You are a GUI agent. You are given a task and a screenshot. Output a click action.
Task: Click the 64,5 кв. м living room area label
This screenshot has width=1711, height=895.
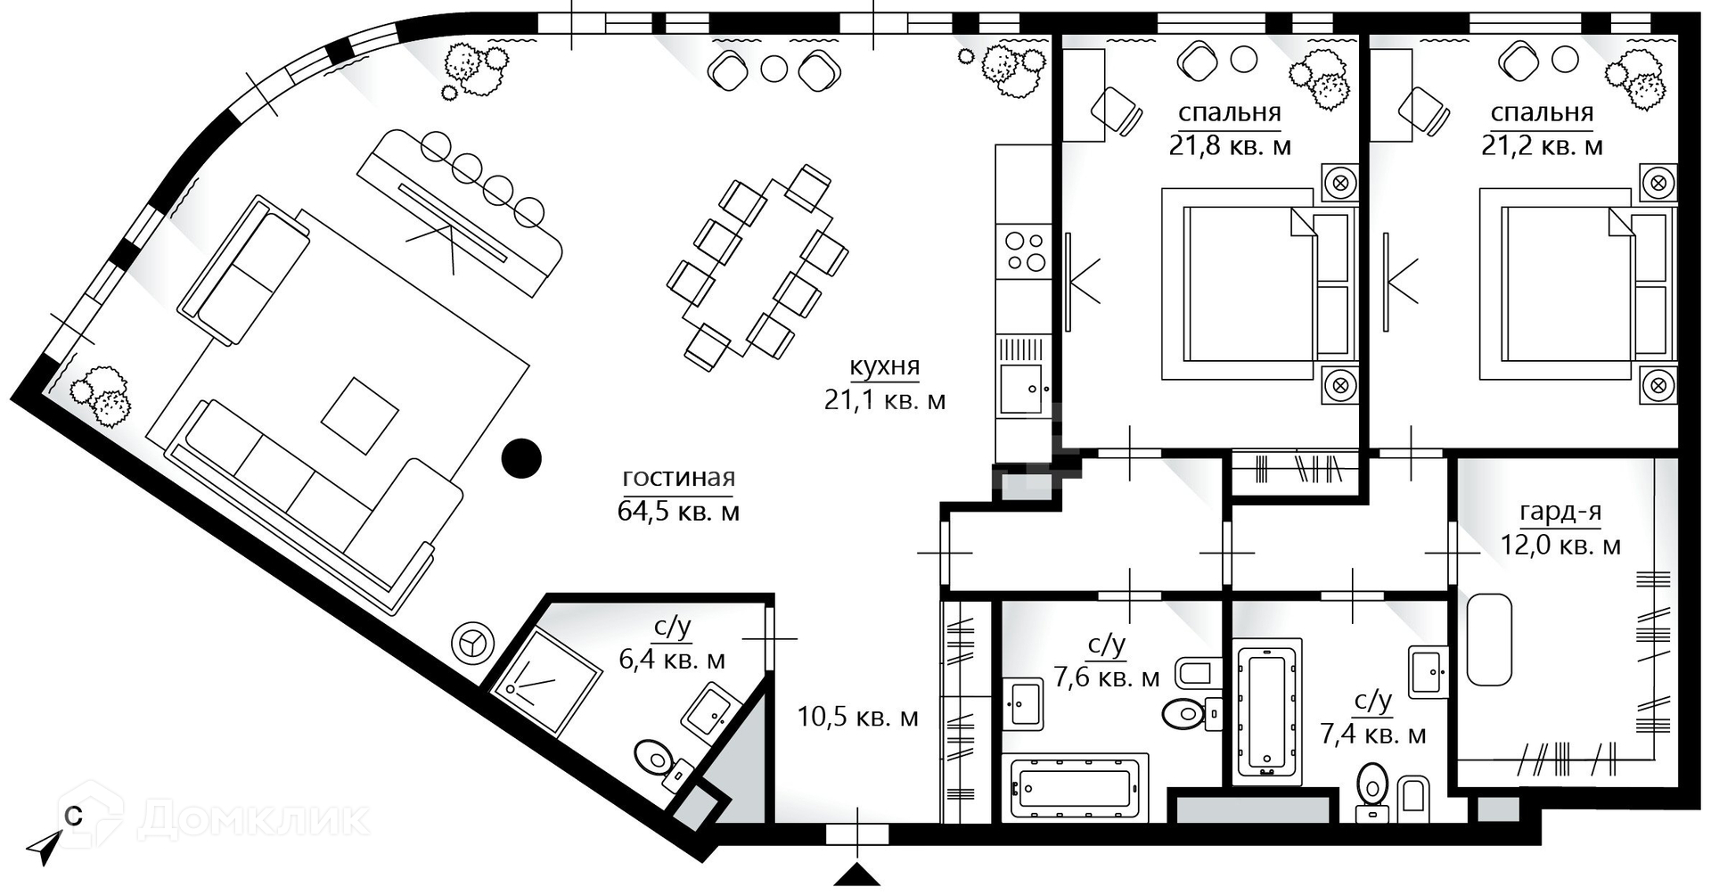coord(678,512)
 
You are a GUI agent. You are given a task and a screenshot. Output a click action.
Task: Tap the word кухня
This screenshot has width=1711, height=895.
coord(884,367)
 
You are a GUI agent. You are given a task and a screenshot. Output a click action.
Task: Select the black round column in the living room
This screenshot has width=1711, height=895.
coord(521,458)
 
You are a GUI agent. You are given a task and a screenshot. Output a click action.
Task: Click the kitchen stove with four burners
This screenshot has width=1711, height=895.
coord(1025,250)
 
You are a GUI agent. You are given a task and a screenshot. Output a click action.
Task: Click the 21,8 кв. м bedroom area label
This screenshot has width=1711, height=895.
coord(1230,145)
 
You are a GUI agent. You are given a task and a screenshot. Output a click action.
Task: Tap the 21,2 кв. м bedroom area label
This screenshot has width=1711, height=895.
coord(1543,145)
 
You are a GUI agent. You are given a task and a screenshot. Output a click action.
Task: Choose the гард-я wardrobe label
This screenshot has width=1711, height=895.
coord(1560,513)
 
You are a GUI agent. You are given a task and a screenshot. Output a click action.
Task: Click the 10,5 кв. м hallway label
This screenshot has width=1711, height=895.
coord(857,717)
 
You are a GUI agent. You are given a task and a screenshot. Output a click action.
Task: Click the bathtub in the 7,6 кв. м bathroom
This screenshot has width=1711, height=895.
coord(1075,788)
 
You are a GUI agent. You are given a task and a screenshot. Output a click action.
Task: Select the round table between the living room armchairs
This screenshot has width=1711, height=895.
coord(774,69)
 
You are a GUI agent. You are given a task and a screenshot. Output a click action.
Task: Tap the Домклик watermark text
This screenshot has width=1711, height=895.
coord(254,818)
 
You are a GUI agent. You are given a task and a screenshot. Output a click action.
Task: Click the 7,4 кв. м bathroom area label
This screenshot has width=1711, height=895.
coord(1372,735)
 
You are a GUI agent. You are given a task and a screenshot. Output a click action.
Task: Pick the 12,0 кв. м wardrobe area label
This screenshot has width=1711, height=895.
coord(1560,546)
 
